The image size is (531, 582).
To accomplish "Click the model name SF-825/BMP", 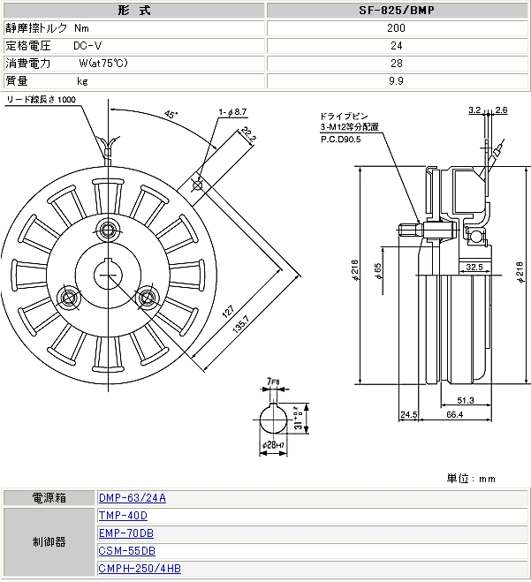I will click(396, 11).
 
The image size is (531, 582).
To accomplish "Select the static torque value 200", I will click(396, 27).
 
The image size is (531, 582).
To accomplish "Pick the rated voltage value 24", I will click(396, 45).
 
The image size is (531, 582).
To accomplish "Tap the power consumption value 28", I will click(396, 63).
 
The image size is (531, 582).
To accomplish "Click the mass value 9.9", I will click(396, 80).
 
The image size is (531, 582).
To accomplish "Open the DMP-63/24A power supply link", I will click(132, 498).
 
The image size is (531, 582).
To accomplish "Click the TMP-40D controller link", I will click(123, 516).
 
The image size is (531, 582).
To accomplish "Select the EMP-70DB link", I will click(126, 533).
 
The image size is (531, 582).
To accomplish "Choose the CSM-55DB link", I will click(126, 551).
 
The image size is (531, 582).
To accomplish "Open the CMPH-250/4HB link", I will click(139, 570).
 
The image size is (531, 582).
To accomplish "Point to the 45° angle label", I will click(171, 115).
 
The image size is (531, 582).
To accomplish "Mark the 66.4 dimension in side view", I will click(455, 414).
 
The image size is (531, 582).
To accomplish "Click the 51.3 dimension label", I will click(465, 400).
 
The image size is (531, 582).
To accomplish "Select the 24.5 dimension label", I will click(408, 414).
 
